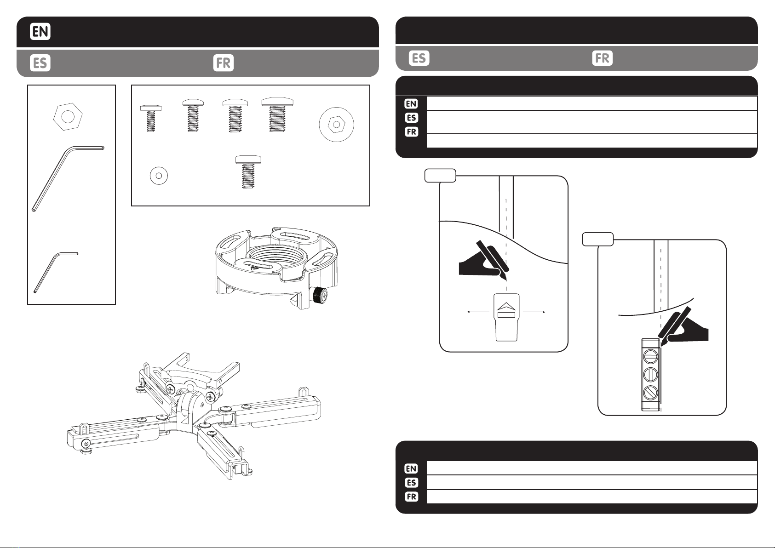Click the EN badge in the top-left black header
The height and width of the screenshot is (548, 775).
point(40,32)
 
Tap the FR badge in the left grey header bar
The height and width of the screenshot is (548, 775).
point(224,63)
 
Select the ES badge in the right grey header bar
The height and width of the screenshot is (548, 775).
point(419,58)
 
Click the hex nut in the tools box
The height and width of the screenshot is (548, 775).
point(68,116)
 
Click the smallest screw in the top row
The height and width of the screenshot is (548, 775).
point(150,117)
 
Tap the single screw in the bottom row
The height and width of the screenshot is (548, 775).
point(248,171)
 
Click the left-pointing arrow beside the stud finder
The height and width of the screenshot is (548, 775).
point(477,312)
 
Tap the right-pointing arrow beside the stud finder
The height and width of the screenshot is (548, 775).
point(534,312)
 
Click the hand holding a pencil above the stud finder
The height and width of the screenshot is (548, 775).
point(483,262)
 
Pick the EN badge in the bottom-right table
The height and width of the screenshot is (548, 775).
point(411,468)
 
